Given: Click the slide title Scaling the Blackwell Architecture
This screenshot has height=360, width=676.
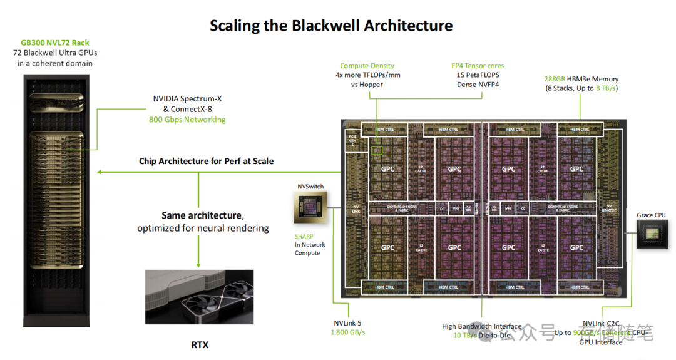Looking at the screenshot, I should (330, 26).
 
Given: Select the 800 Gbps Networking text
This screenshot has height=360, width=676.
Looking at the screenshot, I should (187, 120).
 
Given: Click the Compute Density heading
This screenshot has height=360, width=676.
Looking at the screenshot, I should (367, 66).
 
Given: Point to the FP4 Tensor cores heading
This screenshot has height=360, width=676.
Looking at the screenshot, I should (478, 66).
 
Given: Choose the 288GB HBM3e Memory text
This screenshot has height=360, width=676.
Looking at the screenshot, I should (581, 79).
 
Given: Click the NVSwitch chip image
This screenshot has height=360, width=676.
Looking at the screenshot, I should (311, 207).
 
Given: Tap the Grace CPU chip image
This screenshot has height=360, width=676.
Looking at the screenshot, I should (652, 237).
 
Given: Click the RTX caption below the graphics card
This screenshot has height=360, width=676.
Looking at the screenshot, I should (200, 345).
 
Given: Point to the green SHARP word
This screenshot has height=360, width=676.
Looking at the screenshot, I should (304, 237).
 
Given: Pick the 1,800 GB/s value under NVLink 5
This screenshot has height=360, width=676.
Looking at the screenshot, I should (348, 332).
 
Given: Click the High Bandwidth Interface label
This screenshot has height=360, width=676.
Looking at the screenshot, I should (481, 326).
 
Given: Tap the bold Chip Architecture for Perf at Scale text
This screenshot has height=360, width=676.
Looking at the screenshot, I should (206, 161).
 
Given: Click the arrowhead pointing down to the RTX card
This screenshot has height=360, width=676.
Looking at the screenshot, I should (198, 264).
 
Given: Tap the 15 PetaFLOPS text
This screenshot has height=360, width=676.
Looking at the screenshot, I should (478, 75).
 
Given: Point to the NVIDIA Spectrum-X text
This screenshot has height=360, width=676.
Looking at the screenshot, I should (187, 99).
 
